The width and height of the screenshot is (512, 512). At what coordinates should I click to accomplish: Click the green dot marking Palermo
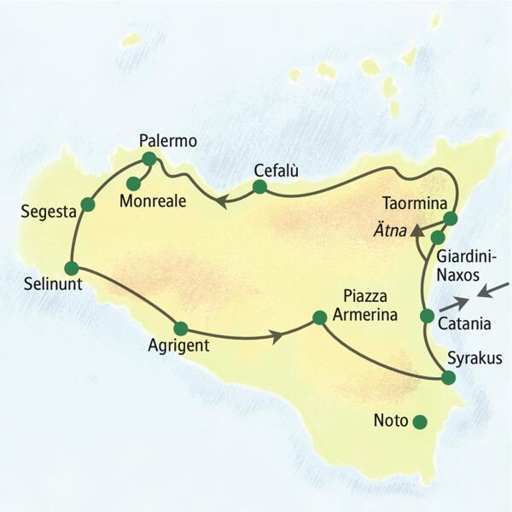coord(149,159)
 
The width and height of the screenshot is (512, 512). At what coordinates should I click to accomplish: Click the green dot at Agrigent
coord(180,328)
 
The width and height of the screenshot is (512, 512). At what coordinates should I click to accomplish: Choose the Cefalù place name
coord(276,170)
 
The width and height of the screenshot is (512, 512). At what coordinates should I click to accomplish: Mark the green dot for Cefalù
coord(261,188)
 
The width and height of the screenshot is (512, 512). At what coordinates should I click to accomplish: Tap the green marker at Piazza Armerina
coord(319,317)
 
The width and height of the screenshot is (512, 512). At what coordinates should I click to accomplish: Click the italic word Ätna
coord(386,230)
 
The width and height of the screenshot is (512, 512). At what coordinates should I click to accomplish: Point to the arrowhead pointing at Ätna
coord(415,231)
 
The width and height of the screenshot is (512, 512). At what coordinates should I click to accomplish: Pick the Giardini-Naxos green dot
coord(438,237)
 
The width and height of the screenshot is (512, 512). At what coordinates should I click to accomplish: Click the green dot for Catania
coord(428,317)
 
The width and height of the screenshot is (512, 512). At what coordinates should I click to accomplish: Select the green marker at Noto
coord(419,421)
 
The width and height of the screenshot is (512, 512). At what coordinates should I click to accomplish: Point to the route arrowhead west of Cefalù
coord(219,201)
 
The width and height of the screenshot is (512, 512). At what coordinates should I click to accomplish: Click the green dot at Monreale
coord(133,183)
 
